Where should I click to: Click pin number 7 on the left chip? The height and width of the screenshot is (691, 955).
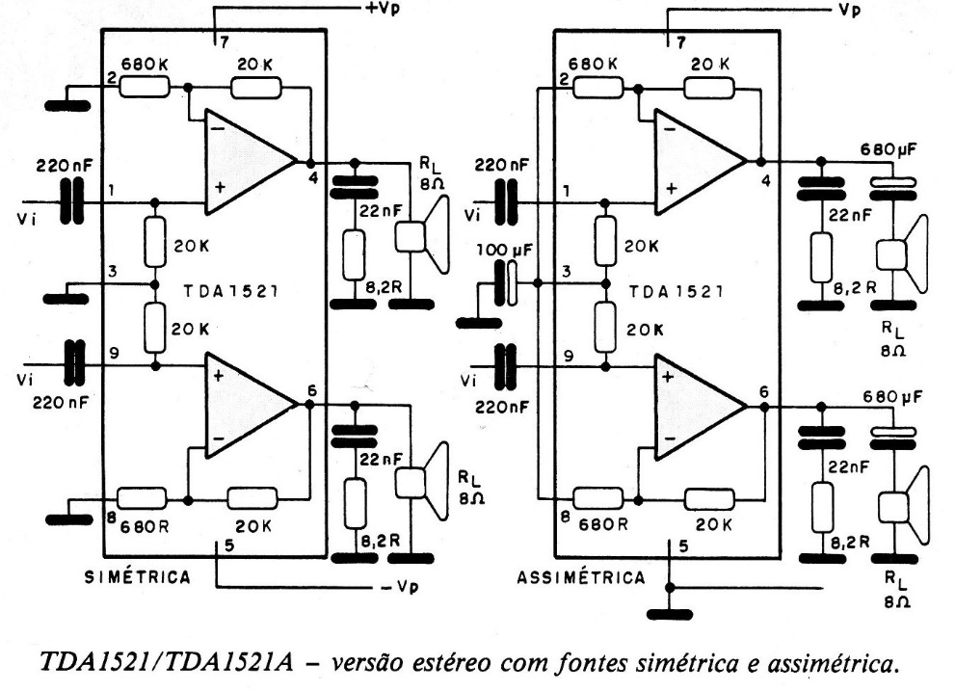(x=224, y=45)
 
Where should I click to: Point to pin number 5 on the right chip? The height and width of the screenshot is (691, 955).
(x=681, y=546)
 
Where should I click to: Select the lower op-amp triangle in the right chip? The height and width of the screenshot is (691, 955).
(x=700, y=406)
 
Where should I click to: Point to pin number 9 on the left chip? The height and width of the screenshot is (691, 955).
(x=114, y=354)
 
